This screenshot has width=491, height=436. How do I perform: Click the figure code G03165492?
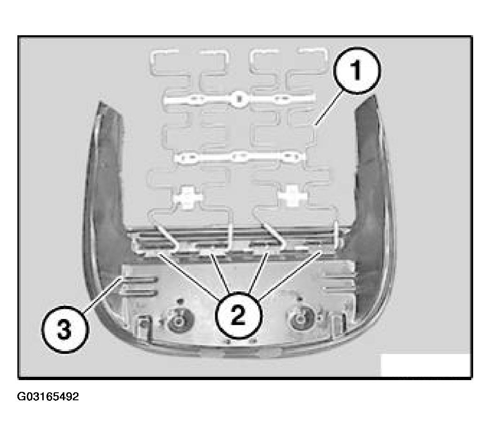(48, 397)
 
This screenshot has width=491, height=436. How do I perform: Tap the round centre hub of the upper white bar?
(238, 99)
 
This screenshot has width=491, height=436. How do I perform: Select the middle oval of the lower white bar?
(239, 156)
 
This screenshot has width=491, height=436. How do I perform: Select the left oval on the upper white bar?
(198, 99)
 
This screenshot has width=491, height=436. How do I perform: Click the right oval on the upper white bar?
(282, 99)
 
